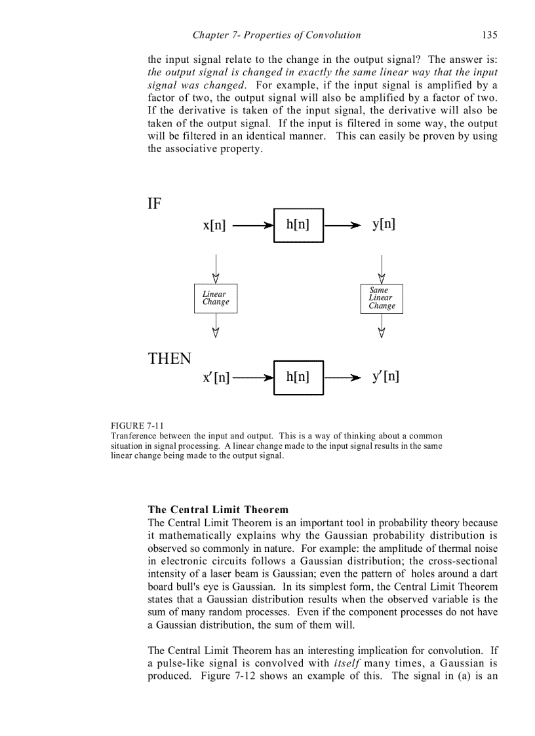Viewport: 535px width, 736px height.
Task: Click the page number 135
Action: (x=489, y=35)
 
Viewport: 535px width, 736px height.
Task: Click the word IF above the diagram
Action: (x=154, y=204)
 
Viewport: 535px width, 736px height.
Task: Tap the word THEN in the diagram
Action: (x=169, y=359)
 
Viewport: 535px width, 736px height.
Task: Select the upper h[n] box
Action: (x=298, y=225)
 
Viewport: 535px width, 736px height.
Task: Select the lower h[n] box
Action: (x=298, y=378)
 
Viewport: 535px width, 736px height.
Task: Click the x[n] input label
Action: (x=214, y=225)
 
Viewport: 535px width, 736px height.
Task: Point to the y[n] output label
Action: (x=384, y=224)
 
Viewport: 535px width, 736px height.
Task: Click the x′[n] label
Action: (x=216, y=378)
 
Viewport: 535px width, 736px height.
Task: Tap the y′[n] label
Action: (x=386, y=377)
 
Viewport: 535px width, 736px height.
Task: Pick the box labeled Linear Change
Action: (x=216, y=298)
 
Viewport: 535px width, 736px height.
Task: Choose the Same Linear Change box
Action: (x=382, y=298)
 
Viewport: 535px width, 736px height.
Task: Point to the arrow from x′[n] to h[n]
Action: (x=252, y=378)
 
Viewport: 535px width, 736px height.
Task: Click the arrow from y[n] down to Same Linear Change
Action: (x=382, y=267)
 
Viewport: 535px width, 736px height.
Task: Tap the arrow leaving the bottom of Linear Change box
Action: (x=216, y=325)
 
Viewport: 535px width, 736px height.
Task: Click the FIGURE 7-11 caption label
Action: (x=138, y=425)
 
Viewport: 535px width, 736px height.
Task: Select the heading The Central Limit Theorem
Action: (x=218, y=509)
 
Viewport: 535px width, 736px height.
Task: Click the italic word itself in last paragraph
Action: (x=345, y=663)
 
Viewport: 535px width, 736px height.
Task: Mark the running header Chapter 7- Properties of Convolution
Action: (x=276, y=35)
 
